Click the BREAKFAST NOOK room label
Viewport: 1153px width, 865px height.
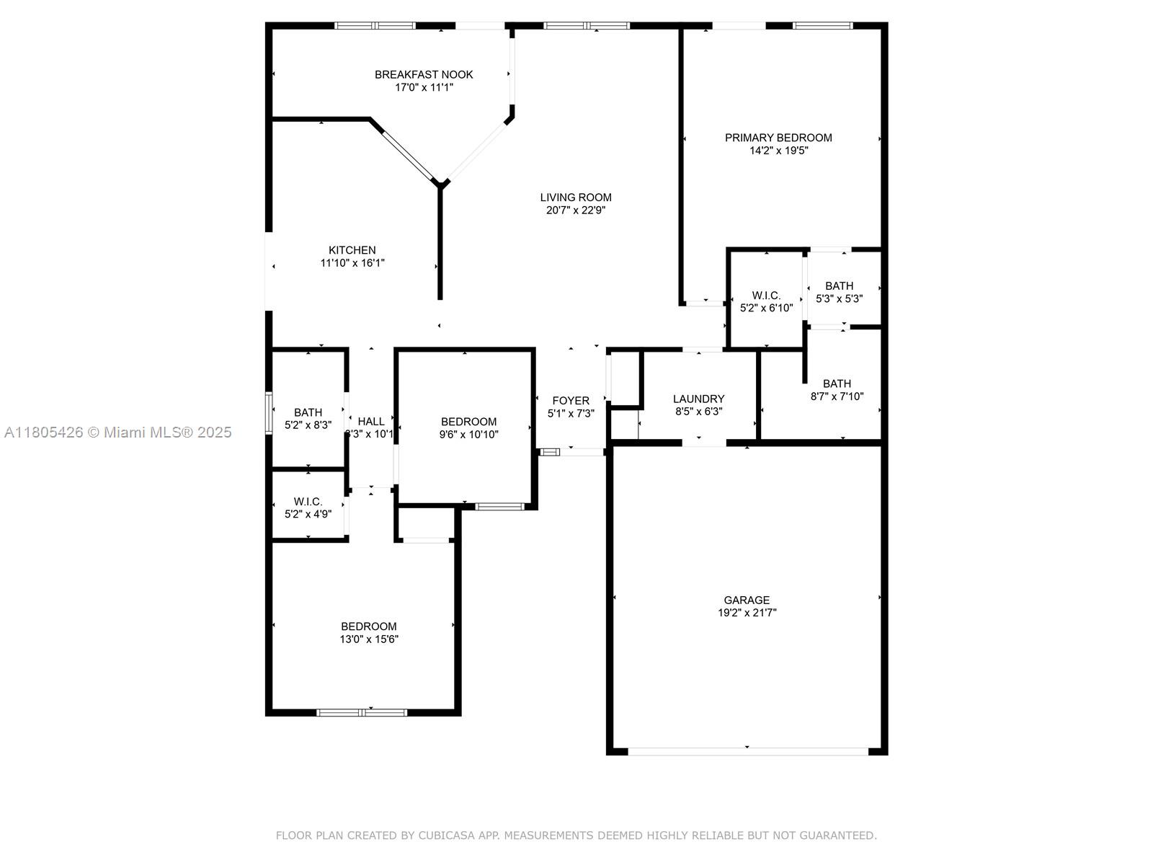[424, 74]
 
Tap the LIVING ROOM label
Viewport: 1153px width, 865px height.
[576, 198]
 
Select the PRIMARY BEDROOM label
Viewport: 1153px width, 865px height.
[778, 138]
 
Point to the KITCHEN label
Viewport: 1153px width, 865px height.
[352, 250]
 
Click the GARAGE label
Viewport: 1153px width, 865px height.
[747, 600]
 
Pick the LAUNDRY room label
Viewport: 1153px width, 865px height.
[698, 399]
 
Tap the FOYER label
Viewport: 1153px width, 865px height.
[571, 400]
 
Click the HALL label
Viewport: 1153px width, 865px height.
[371, 421]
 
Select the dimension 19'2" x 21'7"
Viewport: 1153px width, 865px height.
[747, 613]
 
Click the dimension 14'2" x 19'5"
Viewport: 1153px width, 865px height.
[778, 151]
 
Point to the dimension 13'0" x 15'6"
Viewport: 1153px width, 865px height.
[369, 639]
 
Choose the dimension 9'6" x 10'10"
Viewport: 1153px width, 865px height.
[468, 435]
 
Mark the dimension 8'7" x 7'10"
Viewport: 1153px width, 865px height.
[837, 396]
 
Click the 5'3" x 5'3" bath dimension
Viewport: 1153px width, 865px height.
[839, 299]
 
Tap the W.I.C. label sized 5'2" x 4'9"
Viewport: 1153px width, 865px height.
[308, 502]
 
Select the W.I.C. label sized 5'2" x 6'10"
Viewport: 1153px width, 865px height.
[766, 295]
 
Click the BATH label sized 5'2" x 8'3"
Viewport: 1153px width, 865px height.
[308, 412]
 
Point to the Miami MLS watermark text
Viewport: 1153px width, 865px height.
[117, 432]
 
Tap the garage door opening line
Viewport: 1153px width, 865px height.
[748, 752]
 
